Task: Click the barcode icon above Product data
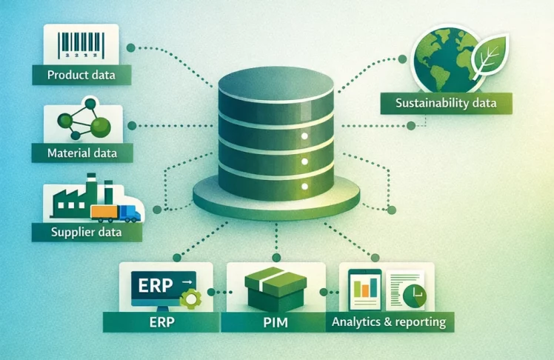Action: point(81,44)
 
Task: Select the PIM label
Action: point(276,322)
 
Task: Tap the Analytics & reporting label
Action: point(388,322)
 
